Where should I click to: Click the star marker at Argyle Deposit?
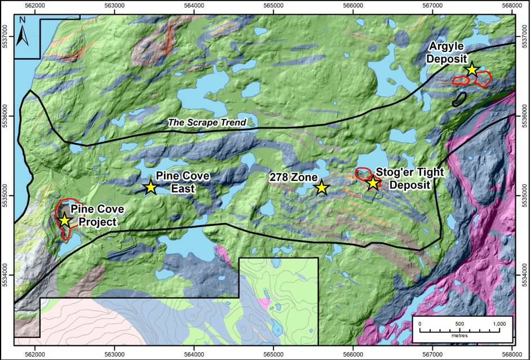(x=472, y=69)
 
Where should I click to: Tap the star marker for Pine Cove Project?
(x=65, y=220)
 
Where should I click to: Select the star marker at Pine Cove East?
(x=151, y=187)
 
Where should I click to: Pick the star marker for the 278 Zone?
(x=321, y=188)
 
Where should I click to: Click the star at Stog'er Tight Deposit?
(x=373, y=183)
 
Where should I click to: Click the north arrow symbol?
(x=22, y=33)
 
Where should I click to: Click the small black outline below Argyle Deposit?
(x=460, y=100)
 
